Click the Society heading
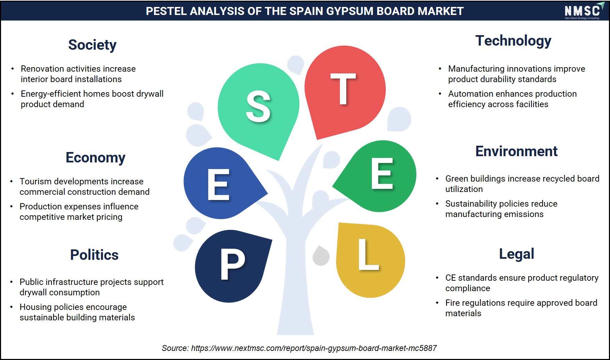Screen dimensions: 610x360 pyautogui.click(x=92, y=45)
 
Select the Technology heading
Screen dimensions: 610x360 pyautogui.click(x=513, y=41)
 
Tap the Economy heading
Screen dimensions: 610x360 pyautogui.click(x=96, y=158)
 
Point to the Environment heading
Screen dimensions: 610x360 pyautogui.click(x=517, y=151)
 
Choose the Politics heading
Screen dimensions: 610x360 pyautogui.click(x=94, y=255)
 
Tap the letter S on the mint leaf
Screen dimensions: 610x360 pyautogui.click(x=258, y=106)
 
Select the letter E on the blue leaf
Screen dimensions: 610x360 pyautogui.click(x=218, y=185)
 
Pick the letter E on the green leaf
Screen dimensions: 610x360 pyautogui.click(x=382, y=174)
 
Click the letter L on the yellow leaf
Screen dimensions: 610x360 pyautogui.click(x=368, y=255)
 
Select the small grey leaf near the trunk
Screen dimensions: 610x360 pyautogui.click(x=321, y=256)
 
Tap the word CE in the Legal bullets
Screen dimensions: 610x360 pyautogui.click(x=450, y=278)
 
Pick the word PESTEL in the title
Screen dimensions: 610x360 pyautogui.click(x=166, y=11)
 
